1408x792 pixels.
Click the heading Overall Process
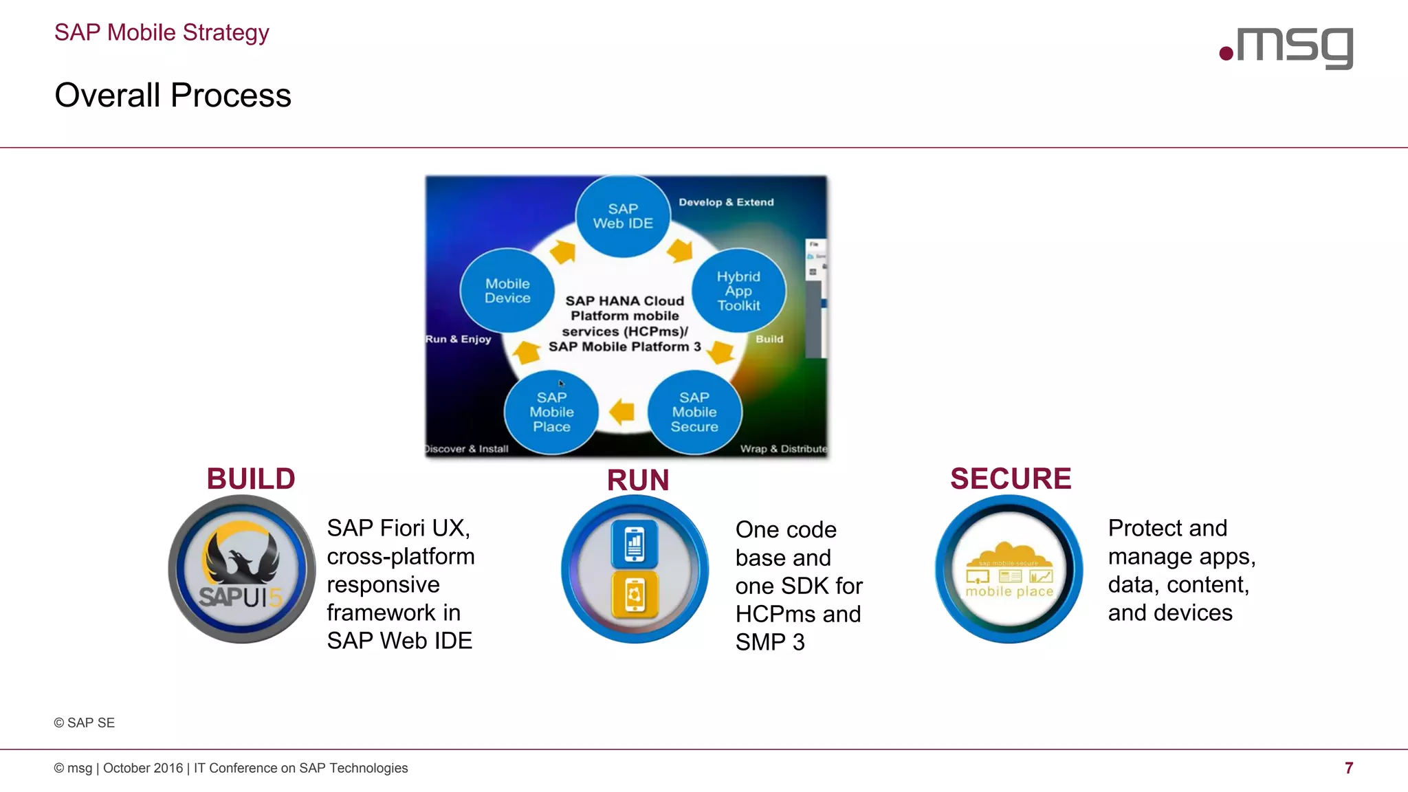pos(173,95)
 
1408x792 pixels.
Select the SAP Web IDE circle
pos(623,216)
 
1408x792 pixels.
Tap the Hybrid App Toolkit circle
pos(738,291)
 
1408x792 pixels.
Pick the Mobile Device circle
pos(507,291)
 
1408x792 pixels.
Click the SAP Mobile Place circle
pos(551,412)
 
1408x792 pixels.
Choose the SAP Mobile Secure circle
pos(694,412)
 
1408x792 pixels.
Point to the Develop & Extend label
pos(726,202)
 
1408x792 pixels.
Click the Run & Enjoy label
pos(459,339)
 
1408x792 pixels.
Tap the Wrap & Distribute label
pos(783,449)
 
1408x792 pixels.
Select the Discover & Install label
pos(467,449)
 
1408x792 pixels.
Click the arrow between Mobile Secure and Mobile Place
pos(622,412)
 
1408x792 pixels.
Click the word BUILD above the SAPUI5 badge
pos(251,478)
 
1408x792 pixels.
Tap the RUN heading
pos(638,480)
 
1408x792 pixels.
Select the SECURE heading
pos(1011,478)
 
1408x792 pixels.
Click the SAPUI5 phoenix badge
pos(242,569)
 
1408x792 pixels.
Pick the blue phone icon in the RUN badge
pos(635,544)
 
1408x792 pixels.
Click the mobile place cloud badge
pos(1009,569)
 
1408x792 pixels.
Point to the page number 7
pos(1349,768)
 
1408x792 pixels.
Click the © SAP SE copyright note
pos(85,723)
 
